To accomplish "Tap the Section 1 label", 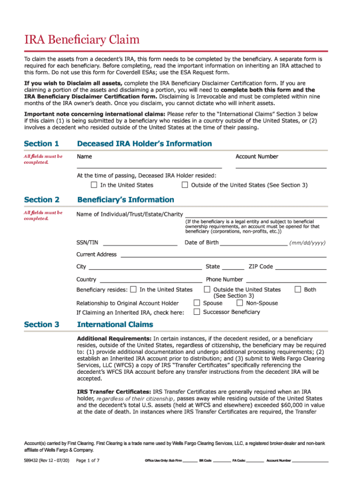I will coord(42,144).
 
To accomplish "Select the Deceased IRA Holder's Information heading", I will coord(144,144).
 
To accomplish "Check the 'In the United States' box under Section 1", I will coord(94,185).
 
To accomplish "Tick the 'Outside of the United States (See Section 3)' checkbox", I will coord(185,185).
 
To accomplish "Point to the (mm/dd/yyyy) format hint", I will coord(307,243).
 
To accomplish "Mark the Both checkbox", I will coord(298,290).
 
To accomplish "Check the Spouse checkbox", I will coord(197,303).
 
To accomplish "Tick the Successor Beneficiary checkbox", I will coord(197,312).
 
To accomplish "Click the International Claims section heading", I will coord(115,324).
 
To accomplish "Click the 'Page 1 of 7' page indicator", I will coord(87,460).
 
